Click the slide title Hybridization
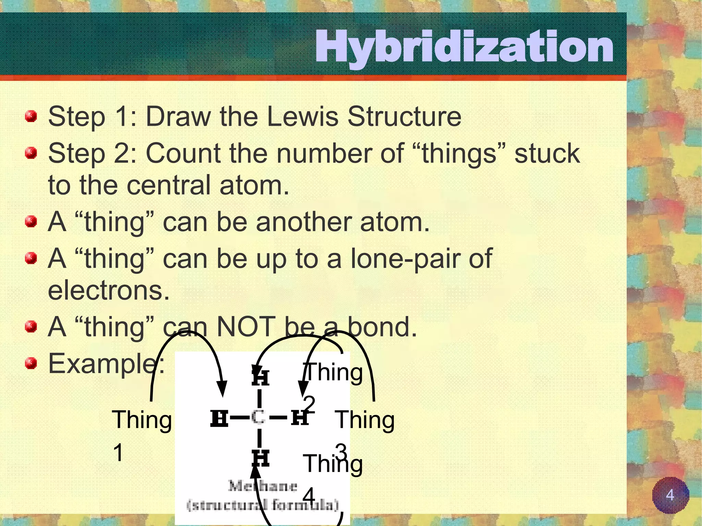[464, 47]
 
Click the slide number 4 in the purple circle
[670, 495]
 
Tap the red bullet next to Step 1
[31, 117]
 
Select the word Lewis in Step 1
[302, 117]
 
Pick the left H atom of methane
[219, 418]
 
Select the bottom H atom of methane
[260, 458]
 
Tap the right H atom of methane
[300, 417]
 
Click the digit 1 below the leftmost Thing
[118, 452]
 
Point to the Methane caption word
[263, 486]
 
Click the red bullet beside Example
[31, 363]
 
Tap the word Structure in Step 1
[404, 117]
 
